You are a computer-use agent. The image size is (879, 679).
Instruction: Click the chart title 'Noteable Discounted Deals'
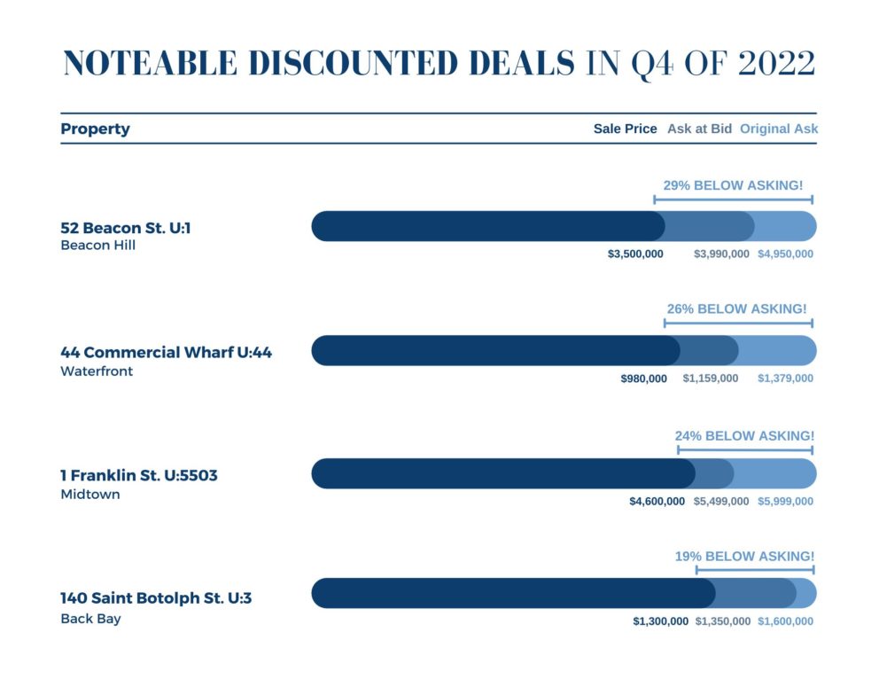(319, 64)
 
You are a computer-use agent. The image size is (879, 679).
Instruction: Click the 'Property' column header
(95, 129)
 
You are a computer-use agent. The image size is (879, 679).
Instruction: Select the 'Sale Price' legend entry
(625, 129)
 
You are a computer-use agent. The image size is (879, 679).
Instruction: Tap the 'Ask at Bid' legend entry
(699, 129)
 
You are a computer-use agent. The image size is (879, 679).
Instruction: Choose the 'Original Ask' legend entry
(778, 129)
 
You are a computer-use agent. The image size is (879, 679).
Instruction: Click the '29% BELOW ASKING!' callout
(733, 185)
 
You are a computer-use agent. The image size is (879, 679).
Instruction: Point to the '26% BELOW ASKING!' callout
(736, 309)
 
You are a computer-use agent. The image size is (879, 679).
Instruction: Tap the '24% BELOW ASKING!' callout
(744, 436)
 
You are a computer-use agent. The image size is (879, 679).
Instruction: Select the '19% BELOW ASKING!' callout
(744, 557)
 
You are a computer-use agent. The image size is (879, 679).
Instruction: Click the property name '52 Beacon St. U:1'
(126, 229)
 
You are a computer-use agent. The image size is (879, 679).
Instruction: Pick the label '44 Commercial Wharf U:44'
(166, 353)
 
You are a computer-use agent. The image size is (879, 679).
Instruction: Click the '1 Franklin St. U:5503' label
(138, 476)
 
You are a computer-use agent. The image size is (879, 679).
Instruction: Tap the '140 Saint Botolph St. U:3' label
(156, 598)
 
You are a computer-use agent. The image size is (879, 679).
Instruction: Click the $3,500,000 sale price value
(635, 254)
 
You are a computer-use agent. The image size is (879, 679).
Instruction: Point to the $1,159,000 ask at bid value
(710, 379)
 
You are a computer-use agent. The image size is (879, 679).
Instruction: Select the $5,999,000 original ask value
(784, 502)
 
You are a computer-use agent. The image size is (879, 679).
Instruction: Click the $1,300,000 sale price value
(660, 622)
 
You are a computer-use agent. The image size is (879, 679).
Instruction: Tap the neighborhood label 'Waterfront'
(97, 371)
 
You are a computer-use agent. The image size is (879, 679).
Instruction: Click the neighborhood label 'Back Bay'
(90, 619)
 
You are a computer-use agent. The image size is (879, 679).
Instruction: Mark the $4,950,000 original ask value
(784, 254)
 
